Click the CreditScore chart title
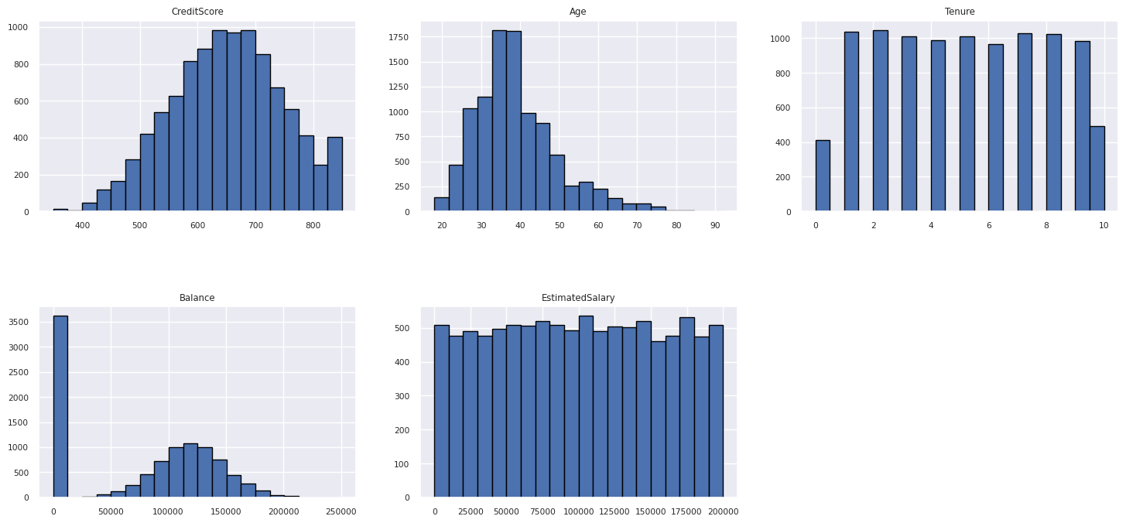pyautogui.click(x=197, y=12)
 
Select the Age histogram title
pyautogui.click(x=578, y=12)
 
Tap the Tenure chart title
pyautogui.click(x=960, y=12)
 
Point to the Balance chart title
pyautogui.click(x=197, y=298)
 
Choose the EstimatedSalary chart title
pyautogui.click(x=578, y=298)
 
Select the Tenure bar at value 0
pyautogui.click(x=823, y=176)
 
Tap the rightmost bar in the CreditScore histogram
pyautogui.click(x=334, y=174)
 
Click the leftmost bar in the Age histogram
pyautogui.click(x=441, y=204)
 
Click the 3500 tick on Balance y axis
pyautogui.click(x=22, y=323)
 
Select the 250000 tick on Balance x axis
pyautogui.click(x=341, y=511)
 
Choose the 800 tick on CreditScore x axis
pyautogui.click(x=313, y=226)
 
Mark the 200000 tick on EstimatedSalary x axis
pyautogui.click(x=723, y=511)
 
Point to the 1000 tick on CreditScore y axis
pyautogui.click(x=19, y=28)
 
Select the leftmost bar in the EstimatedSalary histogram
pyautogui.click(x=441, y=411)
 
